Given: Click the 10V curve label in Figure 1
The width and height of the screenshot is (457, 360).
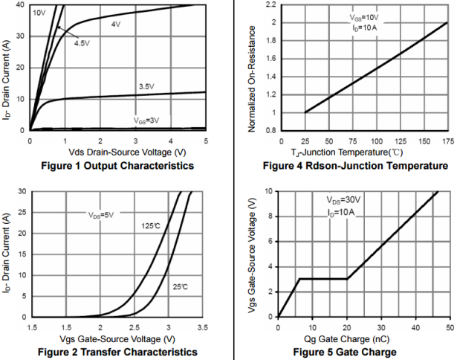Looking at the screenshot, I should tap(39, 13).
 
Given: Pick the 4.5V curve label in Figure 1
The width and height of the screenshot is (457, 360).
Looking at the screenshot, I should tap(82, 42).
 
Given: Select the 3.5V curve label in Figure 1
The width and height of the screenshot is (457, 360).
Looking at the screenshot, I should tap(146, 86).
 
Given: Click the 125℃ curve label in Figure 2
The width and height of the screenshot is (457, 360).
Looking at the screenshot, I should tap(152, 224).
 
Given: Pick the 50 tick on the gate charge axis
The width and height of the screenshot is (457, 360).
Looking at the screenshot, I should tap(448, 327).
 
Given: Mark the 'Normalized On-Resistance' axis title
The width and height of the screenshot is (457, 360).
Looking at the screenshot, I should tap(253, 66).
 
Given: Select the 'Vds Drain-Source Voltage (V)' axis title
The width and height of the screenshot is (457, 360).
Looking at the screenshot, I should tap(117, 151).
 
